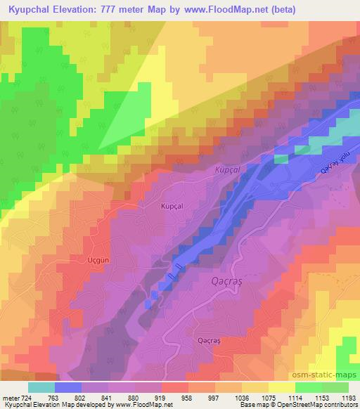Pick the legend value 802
pos(81,398)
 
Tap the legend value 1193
pos(348,398)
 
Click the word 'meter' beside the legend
pos(9,398)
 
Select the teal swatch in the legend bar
pos(40,387)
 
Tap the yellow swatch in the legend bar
pos(281,387)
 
